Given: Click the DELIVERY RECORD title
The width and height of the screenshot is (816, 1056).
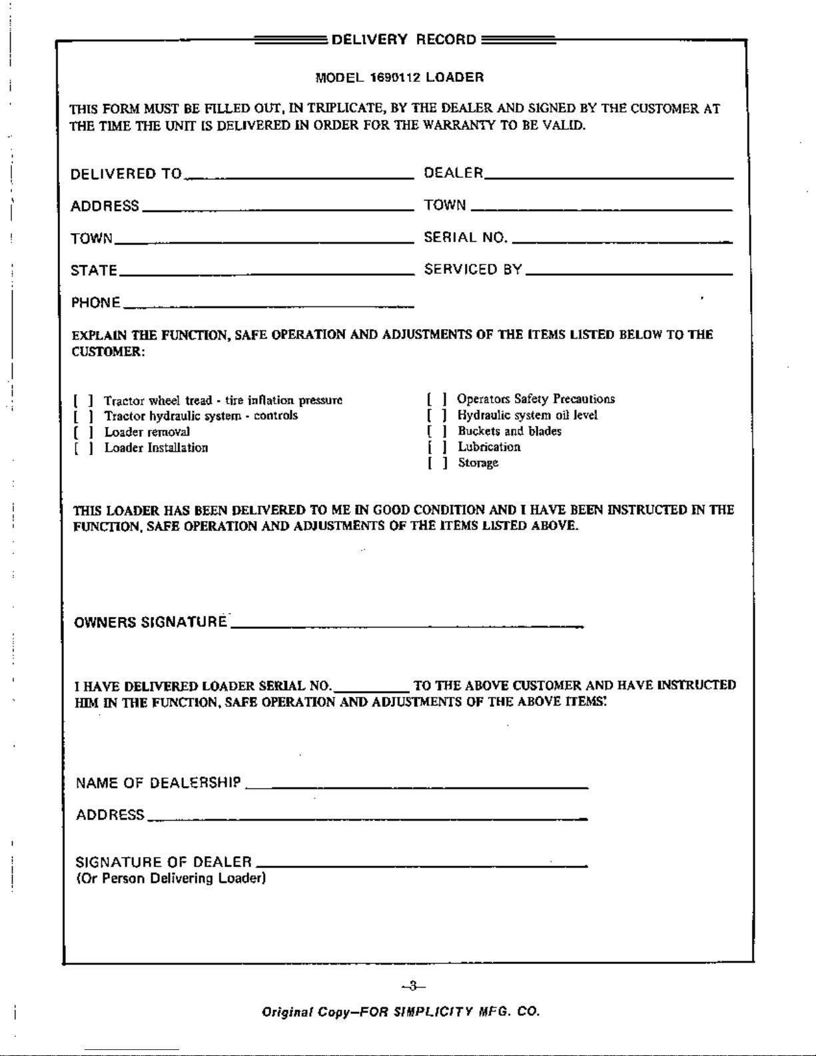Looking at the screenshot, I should (x=404, y=39).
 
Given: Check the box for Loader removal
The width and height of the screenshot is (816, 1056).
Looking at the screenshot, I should (x=83, y=432).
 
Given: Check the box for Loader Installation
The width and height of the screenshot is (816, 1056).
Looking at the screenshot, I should (x=83, y=448).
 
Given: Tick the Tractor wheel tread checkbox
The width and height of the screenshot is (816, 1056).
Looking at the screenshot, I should (x=83, y=400).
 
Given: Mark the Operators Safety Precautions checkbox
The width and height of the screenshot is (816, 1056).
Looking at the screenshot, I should (x=437, y=399).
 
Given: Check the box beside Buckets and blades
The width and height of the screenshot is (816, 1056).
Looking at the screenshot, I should (x=437, y=431).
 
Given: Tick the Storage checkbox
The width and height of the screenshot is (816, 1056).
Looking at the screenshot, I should (x=437, y=463).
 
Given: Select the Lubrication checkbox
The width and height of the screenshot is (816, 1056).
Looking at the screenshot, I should (x=437, y=447).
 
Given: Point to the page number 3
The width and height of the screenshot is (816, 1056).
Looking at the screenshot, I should (x=413, y=985).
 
